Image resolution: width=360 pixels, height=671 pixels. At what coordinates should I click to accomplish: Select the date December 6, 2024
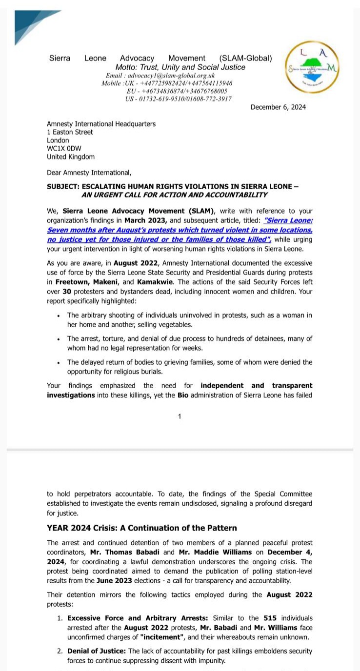coord(278,107)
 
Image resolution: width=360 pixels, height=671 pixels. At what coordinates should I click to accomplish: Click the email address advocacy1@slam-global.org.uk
coord(160,76)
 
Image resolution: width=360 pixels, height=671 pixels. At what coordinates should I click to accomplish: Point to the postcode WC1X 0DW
coord(64,148)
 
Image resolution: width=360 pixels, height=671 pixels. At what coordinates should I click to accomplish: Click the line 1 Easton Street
coord(70,132)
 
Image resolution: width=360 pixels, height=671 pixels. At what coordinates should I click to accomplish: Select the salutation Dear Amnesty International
coord(89,173)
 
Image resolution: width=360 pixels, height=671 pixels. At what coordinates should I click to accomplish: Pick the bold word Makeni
coord(106,282)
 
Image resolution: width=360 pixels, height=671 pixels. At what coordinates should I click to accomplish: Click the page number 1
coord(180,416)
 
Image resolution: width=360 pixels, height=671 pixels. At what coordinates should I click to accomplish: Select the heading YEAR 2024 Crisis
coord(141,528)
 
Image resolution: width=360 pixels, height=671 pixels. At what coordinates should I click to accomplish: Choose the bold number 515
coord(270,618)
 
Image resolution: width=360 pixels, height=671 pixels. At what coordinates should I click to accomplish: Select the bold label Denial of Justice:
coord(97,651)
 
